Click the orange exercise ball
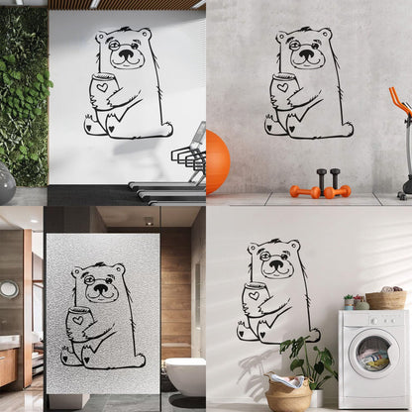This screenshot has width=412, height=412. pos(217,161)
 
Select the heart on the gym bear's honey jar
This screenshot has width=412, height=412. pos(102,87)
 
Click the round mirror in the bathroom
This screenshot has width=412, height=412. pos(9,289)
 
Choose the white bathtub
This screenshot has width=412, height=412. pos(185,375)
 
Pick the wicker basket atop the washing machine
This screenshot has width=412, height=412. pos(386,299)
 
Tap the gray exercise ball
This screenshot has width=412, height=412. pos(5,182)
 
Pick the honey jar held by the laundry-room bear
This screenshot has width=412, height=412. pos(255,300)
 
